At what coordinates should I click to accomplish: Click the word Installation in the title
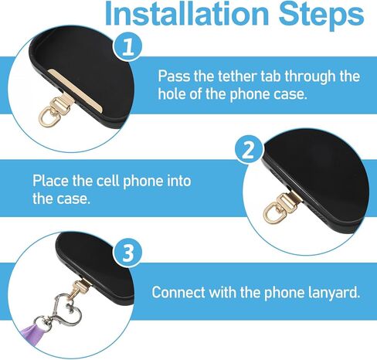pyautogui.click(x=187, y=13)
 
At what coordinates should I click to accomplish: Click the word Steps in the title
pyautogui.click(x=321, y=15)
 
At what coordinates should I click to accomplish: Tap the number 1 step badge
pyautogui.click(x=128, y=47)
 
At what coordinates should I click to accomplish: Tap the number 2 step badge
pyautogui.click(x=249, y=150)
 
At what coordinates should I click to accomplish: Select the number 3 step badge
pyautogui.click(x=128, y=253)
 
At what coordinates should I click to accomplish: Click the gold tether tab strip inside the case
pyautogui.click(x=75, y=90)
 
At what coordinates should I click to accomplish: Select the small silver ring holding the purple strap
pyautogui.click(x=42, y=323)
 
